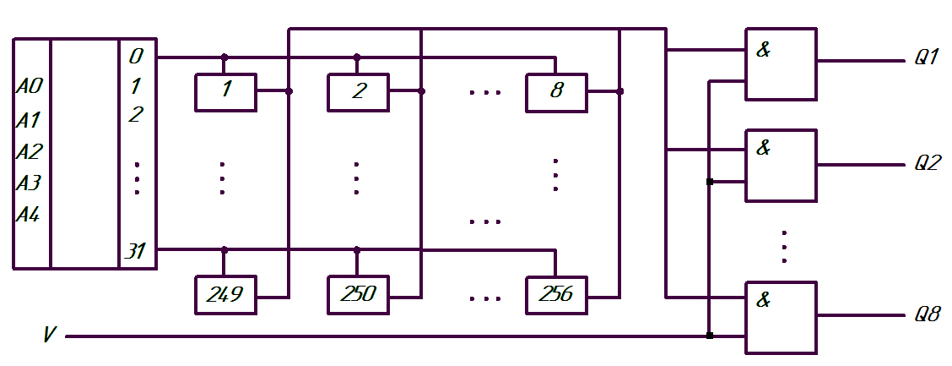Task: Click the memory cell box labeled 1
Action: pos(226,92)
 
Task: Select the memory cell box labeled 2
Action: pos(358,92)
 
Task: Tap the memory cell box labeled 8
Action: pos(557,92)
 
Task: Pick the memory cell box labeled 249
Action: pos(226,295)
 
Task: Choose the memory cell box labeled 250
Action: pos(358,295)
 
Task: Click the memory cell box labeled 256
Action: pos(557,295)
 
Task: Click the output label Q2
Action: pos(928,164)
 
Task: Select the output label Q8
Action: pos(928,315)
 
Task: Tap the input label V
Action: pos(51,335)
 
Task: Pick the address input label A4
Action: pos(28,214)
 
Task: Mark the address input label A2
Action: pos(29,150)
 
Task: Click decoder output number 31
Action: pos(136,250)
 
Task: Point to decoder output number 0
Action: pos(136,57)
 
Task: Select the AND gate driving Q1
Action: pos(782,64)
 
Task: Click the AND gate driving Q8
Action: pos(782,317)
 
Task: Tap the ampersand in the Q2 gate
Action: pos(763,148)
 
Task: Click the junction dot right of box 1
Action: pos(289,92)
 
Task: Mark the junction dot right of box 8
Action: pos(619,92)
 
